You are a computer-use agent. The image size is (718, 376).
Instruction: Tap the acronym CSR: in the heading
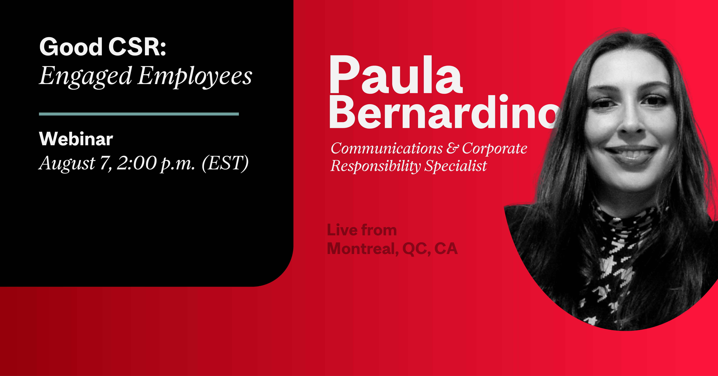pyautogui.click(x=137, y=47)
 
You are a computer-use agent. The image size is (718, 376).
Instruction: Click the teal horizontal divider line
pyautogui.click(x=139, y=114)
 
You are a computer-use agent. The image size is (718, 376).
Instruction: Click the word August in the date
pyautogui.click(x=67, y=164)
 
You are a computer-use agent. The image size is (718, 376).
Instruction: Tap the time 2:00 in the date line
pyautogui.click(x=137, y=163)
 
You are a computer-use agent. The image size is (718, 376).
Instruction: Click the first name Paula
pyautogui.click(x=396, y=75)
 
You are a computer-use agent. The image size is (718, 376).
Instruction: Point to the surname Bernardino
pyautogui.click(x=445, y=112)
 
